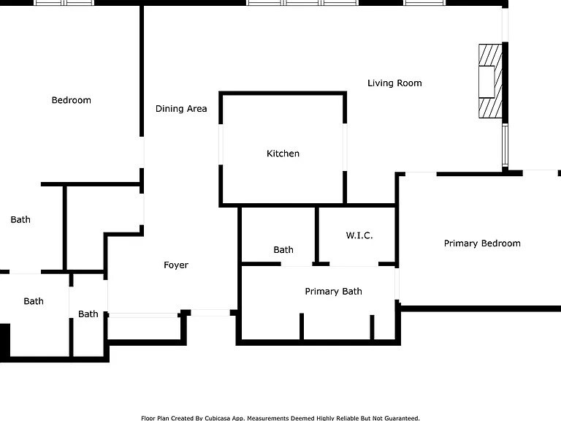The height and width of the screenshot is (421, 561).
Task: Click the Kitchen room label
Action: click(x=283, y=153)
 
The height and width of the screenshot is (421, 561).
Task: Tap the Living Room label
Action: click(x=394, y=83)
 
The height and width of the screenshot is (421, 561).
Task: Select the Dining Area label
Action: click(x=181, y=109)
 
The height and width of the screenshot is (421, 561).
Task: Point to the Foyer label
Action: click(x=176, y=265)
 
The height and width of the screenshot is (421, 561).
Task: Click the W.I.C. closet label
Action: click(x=359, y=235)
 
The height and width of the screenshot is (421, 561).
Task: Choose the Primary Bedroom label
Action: click(x=482, y=243)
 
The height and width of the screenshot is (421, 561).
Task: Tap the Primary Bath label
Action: click(x=333, y=292)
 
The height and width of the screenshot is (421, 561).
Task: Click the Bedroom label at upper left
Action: click(x=71, y=100)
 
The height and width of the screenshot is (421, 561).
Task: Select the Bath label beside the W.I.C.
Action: click(x=283, y=250)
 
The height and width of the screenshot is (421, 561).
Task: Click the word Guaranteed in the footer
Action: click(x=400, y=418)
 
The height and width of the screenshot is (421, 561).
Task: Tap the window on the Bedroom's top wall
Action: click(x=64, y=3)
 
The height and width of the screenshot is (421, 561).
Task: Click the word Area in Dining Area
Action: click(x=196, y=109)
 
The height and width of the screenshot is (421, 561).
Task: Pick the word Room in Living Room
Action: click(x=410, y=83)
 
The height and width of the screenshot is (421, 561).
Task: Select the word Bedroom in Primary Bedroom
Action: click(x=500, y=243)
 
